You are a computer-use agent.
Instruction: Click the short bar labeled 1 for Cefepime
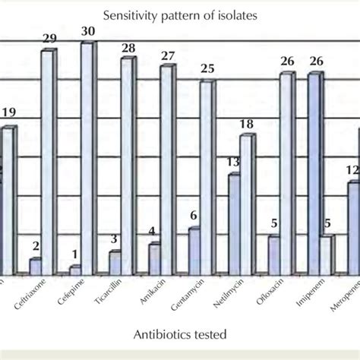point(74,270)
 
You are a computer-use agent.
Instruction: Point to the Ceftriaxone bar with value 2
point(35,266)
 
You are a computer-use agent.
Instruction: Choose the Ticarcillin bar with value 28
point(127,166)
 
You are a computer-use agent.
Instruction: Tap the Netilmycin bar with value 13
point(234,224)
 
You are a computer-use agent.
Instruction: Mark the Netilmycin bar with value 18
point(247,204)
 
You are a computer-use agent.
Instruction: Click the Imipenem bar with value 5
point(325,255)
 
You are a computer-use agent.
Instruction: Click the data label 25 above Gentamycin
point(207,69)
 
